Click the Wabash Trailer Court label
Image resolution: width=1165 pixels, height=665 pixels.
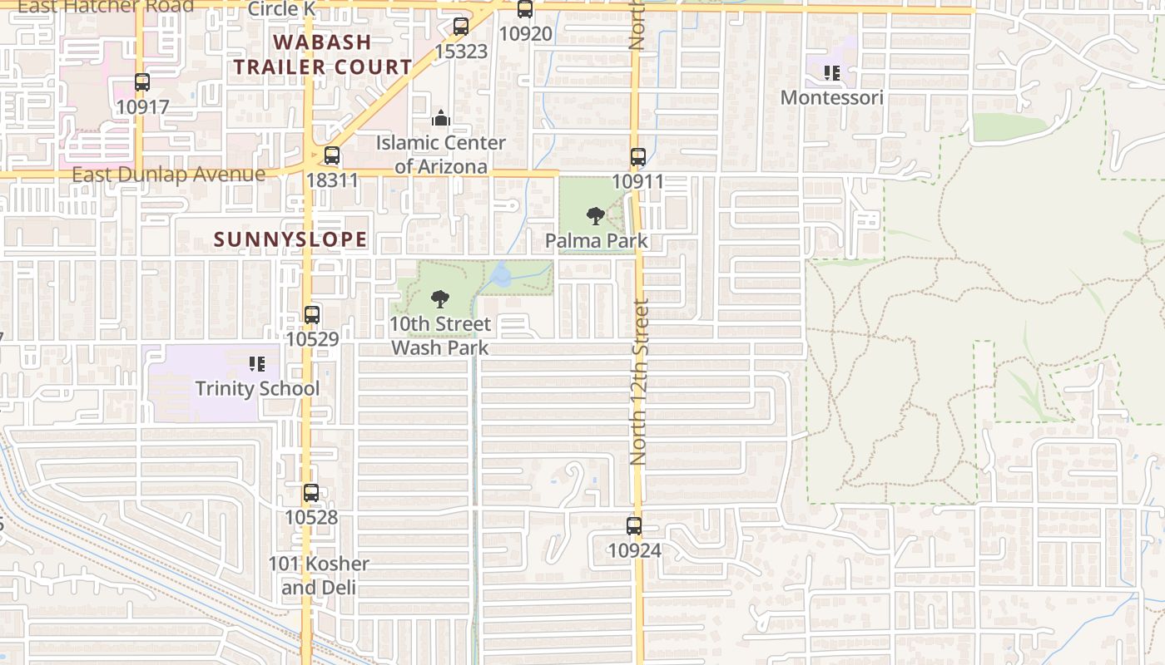[x=322, y=54]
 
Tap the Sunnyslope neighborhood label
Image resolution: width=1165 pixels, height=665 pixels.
[x=290, y=239]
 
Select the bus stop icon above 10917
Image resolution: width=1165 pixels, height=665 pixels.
[x=142, y=82]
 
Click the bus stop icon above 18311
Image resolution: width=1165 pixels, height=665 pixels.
[x=332, y=155]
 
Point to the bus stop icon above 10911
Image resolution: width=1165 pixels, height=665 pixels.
[x=637, y=156]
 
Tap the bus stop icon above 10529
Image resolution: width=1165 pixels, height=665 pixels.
[x=312, y=315]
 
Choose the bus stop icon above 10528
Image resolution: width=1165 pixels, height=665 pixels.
[x=311, y=493]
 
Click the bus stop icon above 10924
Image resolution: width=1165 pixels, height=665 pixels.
[x=634, y=525]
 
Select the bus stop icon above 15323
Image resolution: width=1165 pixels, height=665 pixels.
[x=461, y=27]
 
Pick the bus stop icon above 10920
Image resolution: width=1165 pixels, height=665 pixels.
[x=525, y=9]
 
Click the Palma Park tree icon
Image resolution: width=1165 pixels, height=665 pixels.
[x=595, y=216]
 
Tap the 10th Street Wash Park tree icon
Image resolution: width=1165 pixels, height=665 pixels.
[x=440, y=299]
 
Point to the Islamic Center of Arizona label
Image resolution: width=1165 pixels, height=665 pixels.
[x=440, y=155]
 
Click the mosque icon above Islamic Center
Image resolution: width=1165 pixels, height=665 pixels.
[x=441, y=119]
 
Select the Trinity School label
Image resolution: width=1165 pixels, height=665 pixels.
[x=257, y=388]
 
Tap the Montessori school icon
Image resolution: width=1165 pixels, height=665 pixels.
[x=831, y=73]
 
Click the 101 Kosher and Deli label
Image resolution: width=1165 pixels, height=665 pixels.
[x=319, y=575]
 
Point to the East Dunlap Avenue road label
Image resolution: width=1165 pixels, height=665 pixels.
[x=168, y=175]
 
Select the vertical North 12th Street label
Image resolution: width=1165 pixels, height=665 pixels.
[x=638, y=382]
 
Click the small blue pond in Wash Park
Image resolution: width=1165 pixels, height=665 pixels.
[x=502, y=275]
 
